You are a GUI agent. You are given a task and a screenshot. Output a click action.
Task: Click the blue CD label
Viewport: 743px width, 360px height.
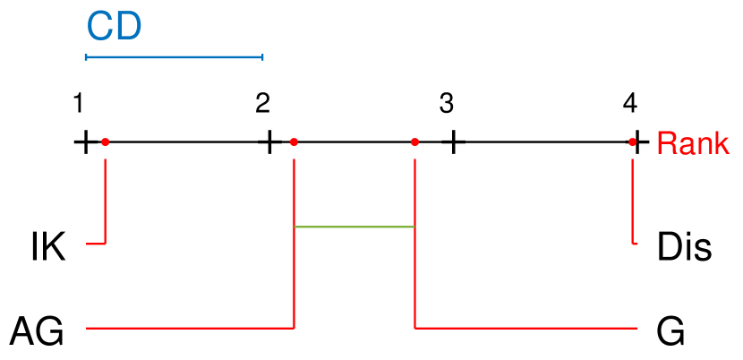pos(114,27)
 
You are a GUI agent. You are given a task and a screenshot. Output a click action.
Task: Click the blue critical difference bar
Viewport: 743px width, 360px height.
pos(174,57)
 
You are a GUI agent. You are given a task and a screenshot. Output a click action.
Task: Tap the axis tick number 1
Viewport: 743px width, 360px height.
pos(79,104)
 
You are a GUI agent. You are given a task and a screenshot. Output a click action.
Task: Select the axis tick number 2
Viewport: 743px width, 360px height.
pos(262,104)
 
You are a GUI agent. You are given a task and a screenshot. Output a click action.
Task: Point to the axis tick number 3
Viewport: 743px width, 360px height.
pos(446,104)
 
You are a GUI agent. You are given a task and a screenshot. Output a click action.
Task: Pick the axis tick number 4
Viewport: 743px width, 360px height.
pos(630,104)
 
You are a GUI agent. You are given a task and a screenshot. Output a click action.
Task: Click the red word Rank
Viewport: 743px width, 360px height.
pos(692,144)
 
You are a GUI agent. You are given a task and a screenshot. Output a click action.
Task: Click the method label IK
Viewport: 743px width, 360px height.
pos(47,247)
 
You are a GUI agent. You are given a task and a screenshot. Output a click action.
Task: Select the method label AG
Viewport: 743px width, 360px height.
pos(37,332)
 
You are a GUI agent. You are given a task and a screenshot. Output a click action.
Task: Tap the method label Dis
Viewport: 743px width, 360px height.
pos(684,247)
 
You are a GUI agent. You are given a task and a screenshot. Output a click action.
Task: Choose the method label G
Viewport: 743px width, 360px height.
pos(670,332)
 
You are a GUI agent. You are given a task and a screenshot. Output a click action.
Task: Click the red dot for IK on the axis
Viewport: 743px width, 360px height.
pos(106,141)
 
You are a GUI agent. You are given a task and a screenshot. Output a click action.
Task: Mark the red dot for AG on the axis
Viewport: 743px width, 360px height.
pos(295,141)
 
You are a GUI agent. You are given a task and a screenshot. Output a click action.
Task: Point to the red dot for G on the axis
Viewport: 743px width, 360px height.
pos(414,141)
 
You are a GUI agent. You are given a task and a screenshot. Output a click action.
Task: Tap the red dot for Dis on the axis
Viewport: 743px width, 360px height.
pos(633,141)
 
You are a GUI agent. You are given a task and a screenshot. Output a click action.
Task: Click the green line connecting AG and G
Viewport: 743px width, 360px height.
pos(354,227)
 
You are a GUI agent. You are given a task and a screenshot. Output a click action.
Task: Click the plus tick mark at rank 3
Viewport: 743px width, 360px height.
pos(454,141)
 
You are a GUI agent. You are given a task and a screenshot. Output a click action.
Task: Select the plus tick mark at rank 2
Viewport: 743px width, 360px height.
pos(269,141)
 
